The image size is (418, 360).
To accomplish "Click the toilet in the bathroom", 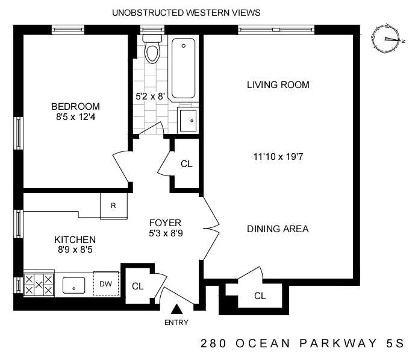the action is pyautogui.click(x=152, y=49).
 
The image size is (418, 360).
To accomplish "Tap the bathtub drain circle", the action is pyautogui.click(x=184, y=46).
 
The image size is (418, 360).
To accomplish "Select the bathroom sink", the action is pyautogui.click(x=188, y=120).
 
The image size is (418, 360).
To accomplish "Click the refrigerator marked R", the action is pyautogui.click(x=114, y=206).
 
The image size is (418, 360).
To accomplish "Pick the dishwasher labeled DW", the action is pyautogui.click(x=106, y=283).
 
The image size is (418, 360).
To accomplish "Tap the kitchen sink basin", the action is pyautogui.click(x=74, y=285).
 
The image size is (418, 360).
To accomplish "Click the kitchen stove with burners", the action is pyautogui.click(x=39, y=285).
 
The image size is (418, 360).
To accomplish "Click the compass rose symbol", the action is pyautogui.click(x=386, y=39).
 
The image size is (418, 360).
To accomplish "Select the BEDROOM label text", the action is pyautogui.click(x=75, y=107).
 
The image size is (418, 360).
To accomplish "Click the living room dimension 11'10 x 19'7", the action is pyautogui.click(x=278, y=156).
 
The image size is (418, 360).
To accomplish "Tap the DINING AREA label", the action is pyautogui.click(x=278, y=229).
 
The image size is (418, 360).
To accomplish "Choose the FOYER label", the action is pyautogui.click(x=165, y=223).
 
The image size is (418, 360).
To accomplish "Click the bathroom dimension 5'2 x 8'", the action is pyautogui.click(x=151, y=96).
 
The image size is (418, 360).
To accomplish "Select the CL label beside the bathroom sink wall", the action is pyautogui.click(x=186, y=164).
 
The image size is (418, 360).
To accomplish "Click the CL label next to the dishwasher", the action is pyautogui.click(x=138, y=286).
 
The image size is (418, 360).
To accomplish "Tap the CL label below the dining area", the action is pyautogui.click(x=260, y=295).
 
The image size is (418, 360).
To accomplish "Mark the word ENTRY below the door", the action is pyautogui.click(x=176, y=323).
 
